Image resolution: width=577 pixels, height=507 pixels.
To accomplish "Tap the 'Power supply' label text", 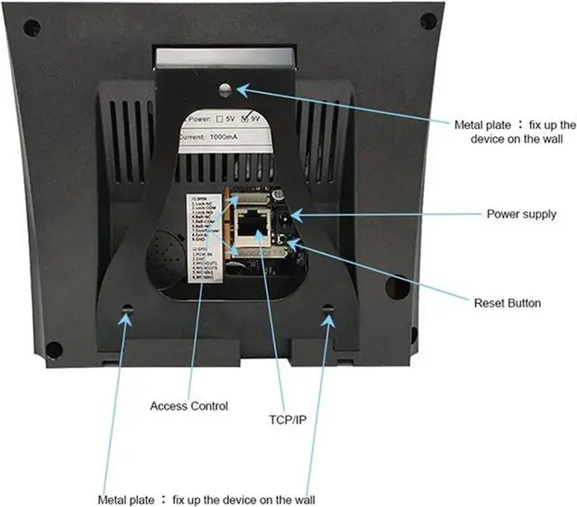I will [521, 215].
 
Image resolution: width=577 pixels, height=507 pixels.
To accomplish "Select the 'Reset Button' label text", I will [508, 303].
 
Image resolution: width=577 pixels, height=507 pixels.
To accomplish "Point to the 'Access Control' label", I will [188, 406].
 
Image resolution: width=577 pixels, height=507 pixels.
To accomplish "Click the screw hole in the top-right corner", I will [428, 21].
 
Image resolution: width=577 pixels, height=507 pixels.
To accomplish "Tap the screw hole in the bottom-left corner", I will [54, 349].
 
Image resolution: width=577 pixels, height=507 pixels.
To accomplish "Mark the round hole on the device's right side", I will [397, 286].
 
